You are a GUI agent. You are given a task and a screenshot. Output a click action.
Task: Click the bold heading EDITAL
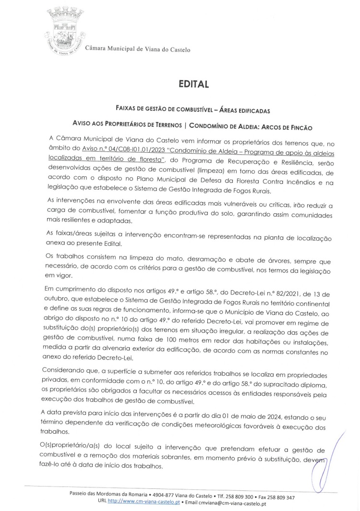click(x=191, y=85)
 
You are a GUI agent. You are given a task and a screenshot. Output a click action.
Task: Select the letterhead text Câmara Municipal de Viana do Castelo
click(x=138, y=49)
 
